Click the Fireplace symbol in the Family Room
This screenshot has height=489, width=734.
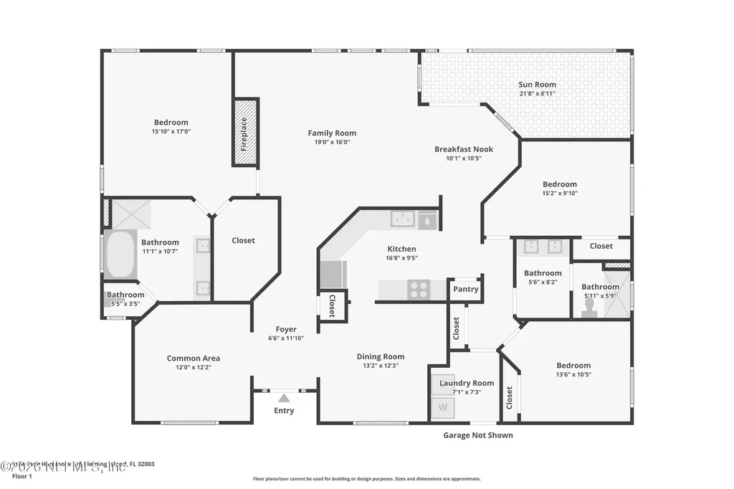coord(244,133)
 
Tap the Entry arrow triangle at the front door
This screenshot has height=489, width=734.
coord(284,398)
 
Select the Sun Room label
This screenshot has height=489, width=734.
coord(537,85)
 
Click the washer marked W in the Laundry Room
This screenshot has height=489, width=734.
coord(443,407)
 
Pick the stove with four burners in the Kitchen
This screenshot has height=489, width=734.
coord(418,290)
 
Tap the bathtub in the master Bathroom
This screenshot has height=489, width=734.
coord(120,255)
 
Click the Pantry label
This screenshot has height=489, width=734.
coord(465,290)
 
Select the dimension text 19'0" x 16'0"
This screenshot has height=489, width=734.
coord(332,142)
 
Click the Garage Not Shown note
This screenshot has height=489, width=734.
coord(477,435)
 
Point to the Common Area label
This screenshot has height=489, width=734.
coord(193,358)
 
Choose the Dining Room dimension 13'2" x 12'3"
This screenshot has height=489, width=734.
coord(380,366)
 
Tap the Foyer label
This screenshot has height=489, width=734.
coord(286,329)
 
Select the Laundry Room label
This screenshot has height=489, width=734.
coord(467,383)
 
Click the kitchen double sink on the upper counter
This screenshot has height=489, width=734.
coord(403,219)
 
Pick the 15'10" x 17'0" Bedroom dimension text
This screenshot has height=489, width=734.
coord(170,132)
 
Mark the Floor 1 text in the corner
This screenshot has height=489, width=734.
coord(22,476)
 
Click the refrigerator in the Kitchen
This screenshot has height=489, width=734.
coord(333,274)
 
